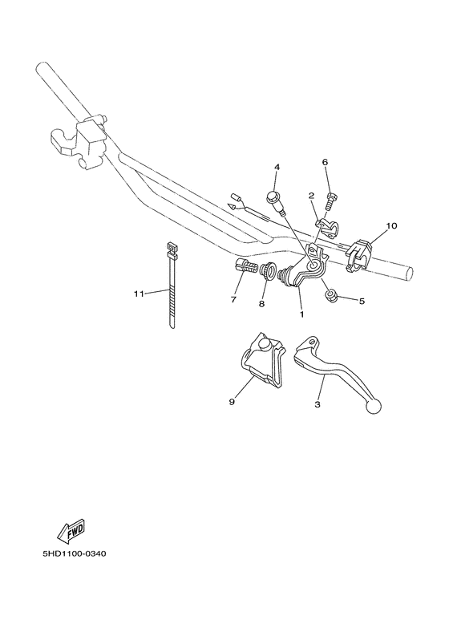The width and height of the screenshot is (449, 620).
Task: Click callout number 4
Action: point(277,168)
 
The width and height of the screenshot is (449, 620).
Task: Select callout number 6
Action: point(326,162)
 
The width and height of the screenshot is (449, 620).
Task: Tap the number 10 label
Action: point(391,226)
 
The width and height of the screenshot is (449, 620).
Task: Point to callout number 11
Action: point(138,294)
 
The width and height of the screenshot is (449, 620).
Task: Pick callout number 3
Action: point(318,406)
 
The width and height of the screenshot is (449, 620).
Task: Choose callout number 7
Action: point(233,300)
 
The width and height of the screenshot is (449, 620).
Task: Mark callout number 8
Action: point(261,305)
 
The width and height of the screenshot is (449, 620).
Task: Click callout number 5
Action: point(362,302)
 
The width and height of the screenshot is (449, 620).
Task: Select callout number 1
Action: point(301,315)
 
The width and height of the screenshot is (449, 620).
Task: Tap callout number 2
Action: point(310,196)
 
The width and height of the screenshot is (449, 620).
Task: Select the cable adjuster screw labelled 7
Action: point(245,268)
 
